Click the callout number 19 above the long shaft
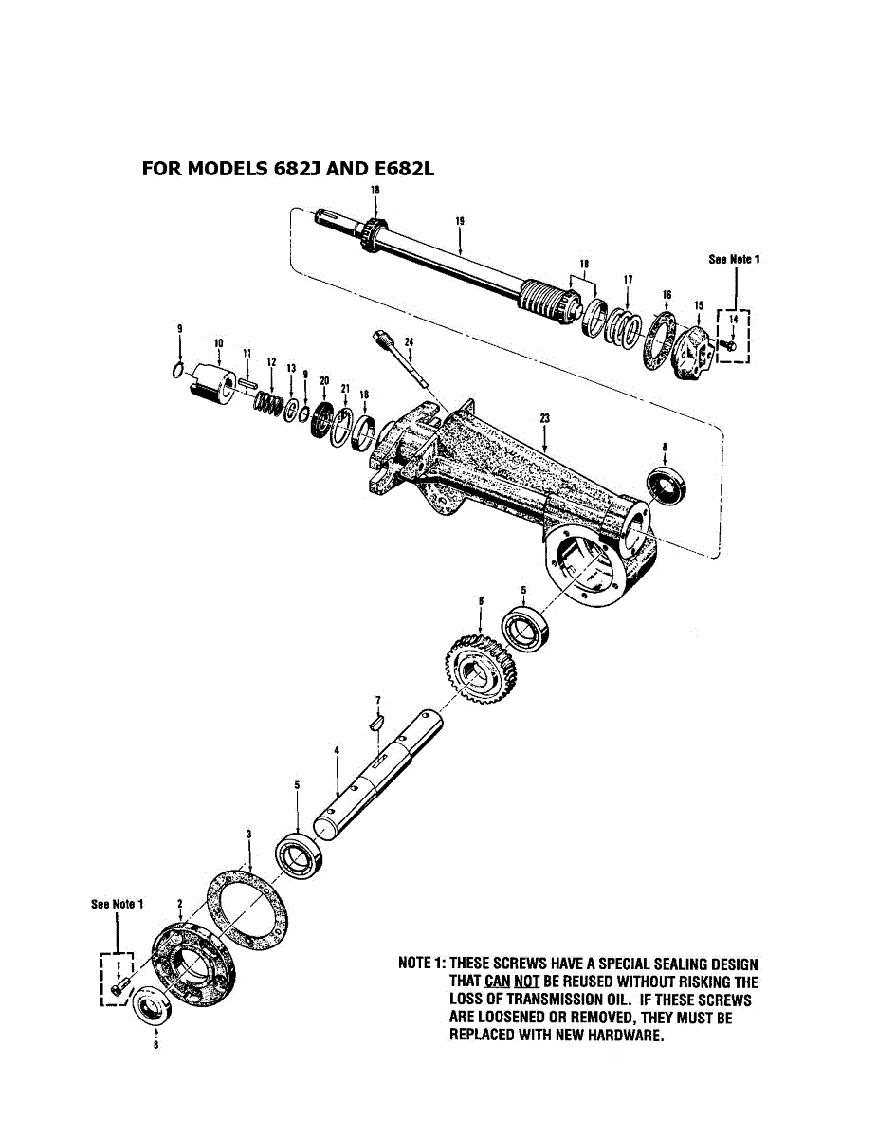[459, 221]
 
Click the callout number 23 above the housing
[544, 416]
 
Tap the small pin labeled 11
[248, 382]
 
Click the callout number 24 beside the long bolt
[409, 341]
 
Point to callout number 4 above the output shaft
[337, 750]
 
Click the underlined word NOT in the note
[526, 982]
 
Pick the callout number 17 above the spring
[628, 280]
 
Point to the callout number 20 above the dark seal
[324, 381]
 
